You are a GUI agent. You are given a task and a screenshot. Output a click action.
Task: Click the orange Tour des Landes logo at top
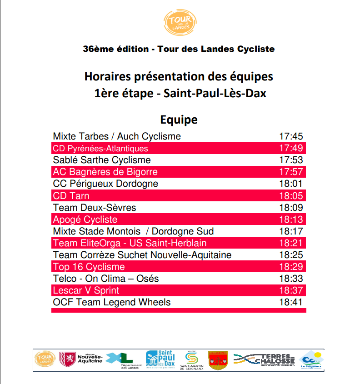coord(180,22)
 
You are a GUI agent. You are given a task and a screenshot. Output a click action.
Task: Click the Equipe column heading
coord(179,120)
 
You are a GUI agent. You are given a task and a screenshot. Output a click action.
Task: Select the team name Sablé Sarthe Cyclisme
coord(102,160)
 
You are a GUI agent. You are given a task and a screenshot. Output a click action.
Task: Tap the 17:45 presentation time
coord(291,136)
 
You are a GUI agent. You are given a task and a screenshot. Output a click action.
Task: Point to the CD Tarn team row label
coord(71,196)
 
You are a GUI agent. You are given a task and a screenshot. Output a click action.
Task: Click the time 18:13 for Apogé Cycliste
coord(291,219)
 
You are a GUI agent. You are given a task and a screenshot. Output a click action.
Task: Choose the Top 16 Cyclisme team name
coord(89,267)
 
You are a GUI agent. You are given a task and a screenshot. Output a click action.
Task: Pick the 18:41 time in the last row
coord(291,302)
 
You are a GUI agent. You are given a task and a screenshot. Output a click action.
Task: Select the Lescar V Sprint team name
coord(86,290)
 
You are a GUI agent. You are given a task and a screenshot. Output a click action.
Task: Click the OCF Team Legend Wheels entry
coord(112,302)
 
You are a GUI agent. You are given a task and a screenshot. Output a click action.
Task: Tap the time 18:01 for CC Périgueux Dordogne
coord(291,184)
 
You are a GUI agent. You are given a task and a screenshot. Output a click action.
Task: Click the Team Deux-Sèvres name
coord(95,208)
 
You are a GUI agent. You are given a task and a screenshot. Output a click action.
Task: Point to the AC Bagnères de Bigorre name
coord(105,172)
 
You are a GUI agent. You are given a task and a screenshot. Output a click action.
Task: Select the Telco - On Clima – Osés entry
coord(106,279)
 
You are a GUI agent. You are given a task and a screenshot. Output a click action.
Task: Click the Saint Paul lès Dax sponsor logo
coord(161,360)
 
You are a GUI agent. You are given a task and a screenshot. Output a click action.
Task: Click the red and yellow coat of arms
coord(218,360)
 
